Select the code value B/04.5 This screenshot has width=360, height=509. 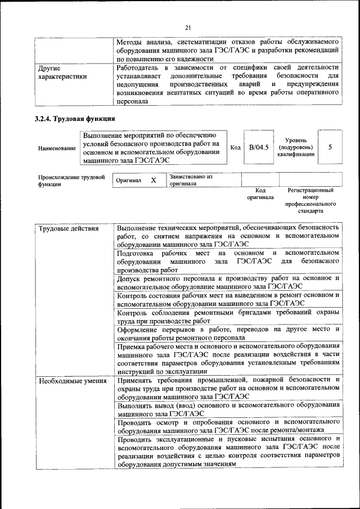259,147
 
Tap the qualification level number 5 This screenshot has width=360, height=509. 330,147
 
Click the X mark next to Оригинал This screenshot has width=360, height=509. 153,181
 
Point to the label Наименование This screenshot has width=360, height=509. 57,148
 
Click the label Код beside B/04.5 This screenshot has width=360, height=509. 236,147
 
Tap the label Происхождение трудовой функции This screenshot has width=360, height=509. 71,181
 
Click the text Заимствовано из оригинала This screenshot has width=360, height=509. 191,180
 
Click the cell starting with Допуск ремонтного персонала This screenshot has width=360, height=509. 228,282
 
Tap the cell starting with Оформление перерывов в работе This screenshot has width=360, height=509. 228,333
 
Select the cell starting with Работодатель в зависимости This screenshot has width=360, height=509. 228,84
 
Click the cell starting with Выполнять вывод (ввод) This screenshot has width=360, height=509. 228,408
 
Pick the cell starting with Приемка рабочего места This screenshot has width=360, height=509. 228,359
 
